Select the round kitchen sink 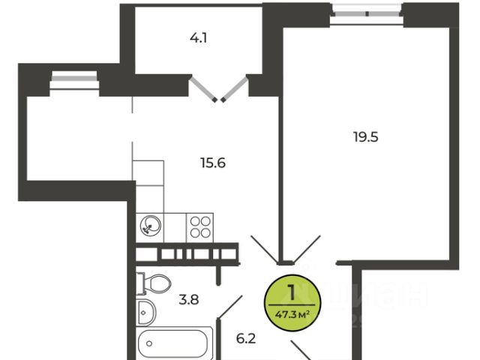(150, 226)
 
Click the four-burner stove (200, 226)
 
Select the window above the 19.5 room (367, 12)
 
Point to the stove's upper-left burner (195, 220)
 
